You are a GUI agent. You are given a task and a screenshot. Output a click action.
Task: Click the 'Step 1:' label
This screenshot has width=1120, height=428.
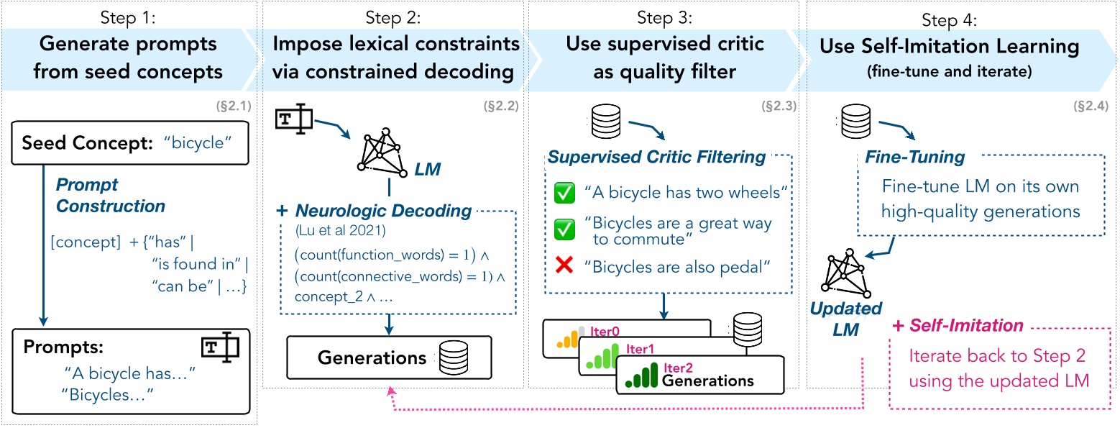[x=128, y=15]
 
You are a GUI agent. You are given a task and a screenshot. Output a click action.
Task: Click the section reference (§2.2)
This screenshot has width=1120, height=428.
[x=501, y=107]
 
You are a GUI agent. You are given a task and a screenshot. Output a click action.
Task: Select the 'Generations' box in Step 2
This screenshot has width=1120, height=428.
[x=389, y=358]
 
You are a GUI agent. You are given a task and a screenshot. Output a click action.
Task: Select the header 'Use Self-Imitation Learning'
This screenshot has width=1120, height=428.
[x=949, y=47]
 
